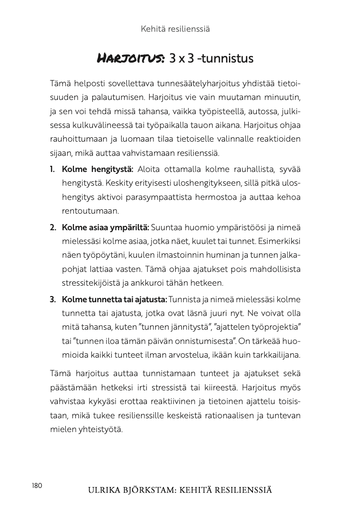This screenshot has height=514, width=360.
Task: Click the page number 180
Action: tap(37, 486)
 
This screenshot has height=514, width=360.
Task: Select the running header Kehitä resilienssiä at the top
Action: tap(175, 29)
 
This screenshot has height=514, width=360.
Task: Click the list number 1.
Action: tap(53, 170)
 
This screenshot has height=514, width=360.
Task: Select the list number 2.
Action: tap(53, 227)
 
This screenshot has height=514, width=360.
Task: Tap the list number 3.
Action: tap(53, 299)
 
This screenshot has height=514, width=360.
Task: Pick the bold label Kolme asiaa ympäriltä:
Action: tap(105, 227)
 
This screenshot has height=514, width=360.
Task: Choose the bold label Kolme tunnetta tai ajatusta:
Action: tap(114, 299)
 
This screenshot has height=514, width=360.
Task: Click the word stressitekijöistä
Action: tap(92, 283)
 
